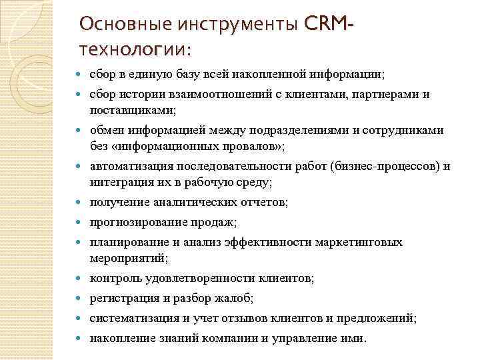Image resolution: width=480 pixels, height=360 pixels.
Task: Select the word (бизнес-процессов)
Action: (x=390, y=166)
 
